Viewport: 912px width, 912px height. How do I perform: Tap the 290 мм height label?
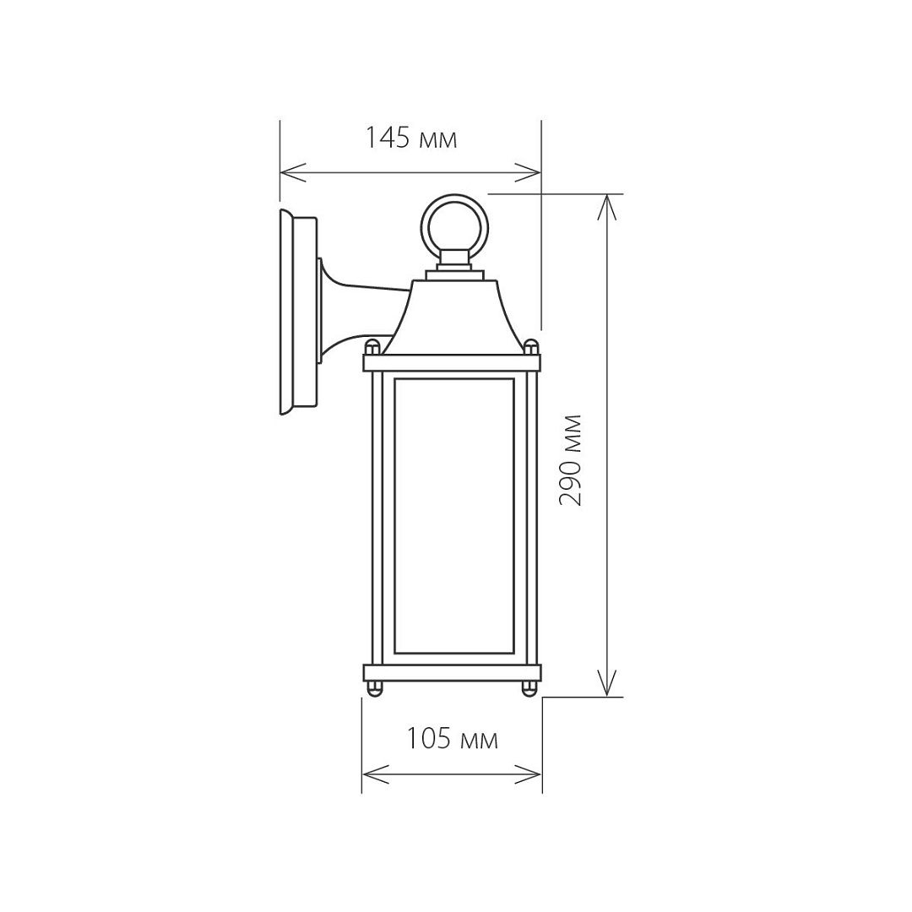point(570,459)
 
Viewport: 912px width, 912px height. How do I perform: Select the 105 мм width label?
point(451,739)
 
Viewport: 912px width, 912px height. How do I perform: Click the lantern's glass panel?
point(454,517)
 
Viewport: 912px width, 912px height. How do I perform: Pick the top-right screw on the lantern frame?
point(531,348)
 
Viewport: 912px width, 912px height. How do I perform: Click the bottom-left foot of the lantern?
point(376,689)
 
